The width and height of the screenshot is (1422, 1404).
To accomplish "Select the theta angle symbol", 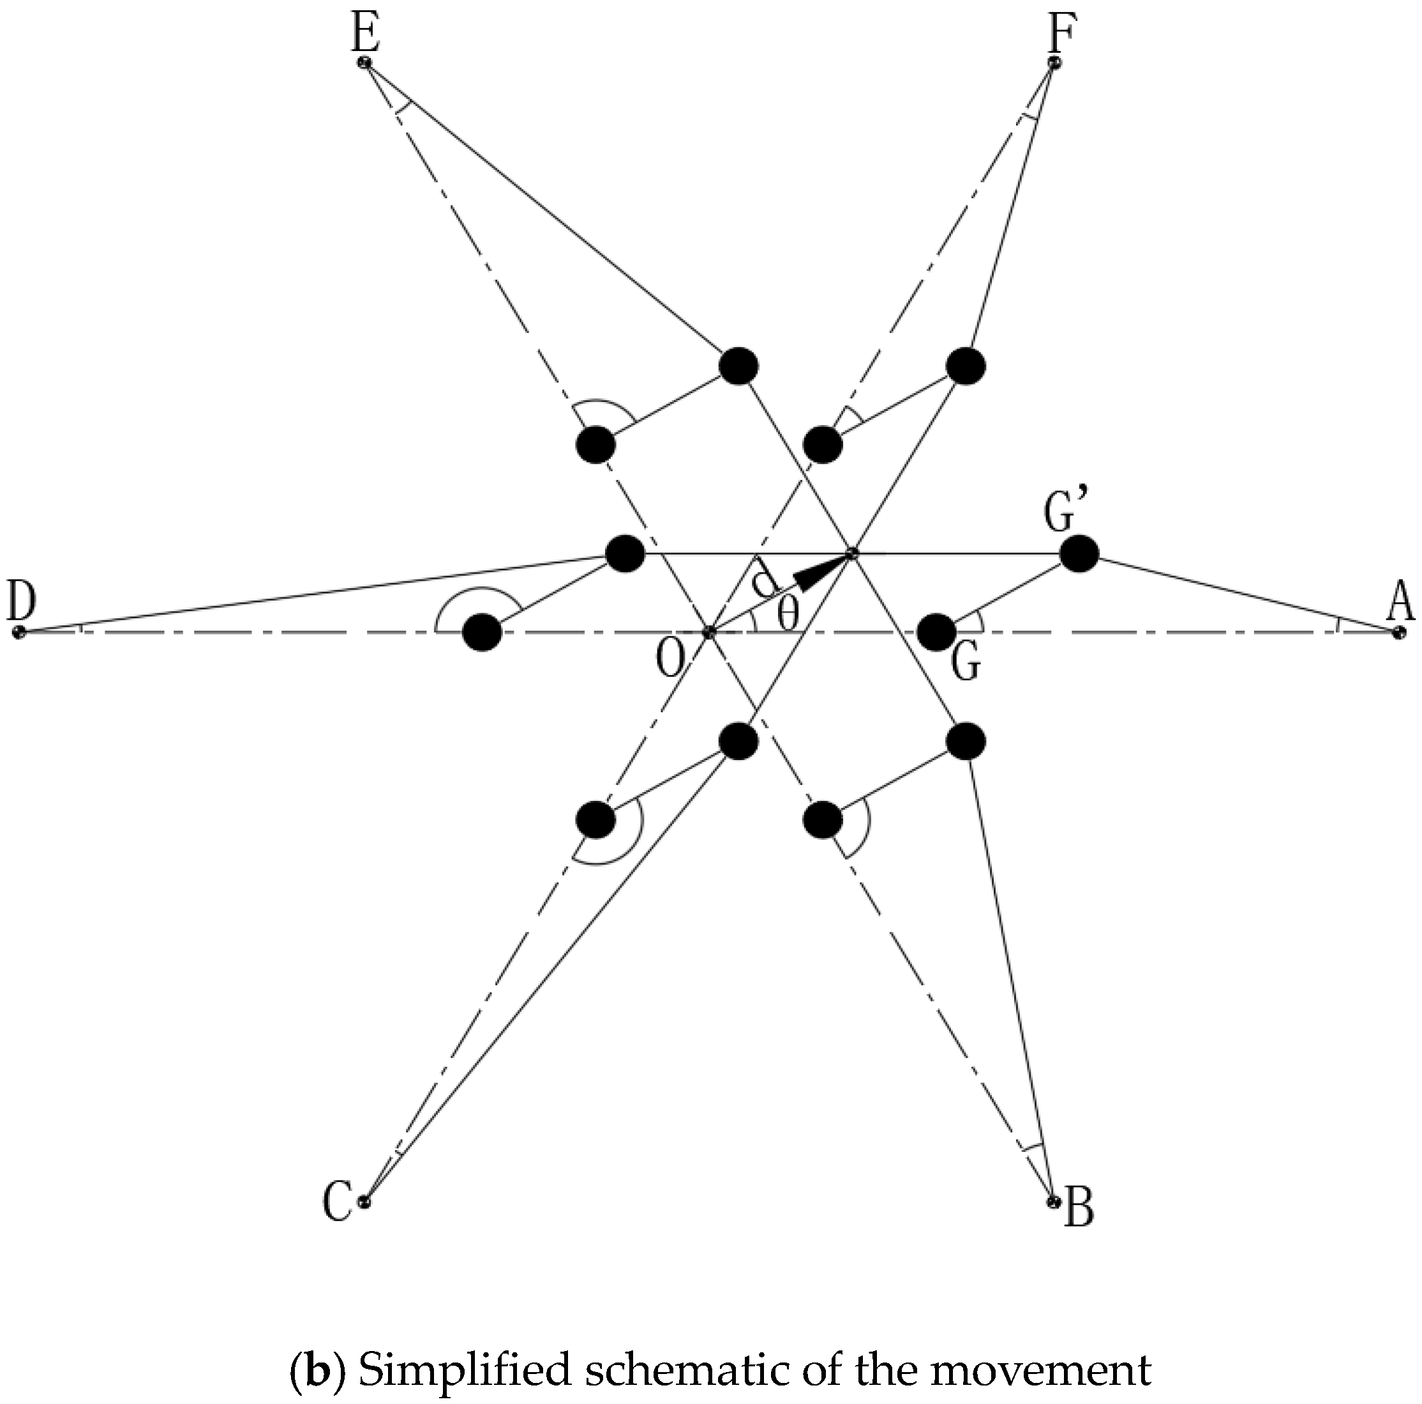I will point(787,615).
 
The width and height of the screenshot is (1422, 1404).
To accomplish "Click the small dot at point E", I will point(364,63).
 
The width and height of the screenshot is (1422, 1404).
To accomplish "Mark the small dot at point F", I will point(1054,63).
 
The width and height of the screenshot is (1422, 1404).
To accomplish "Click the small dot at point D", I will point(19,631).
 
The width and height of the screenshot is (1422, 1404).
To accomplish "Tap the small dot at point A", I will point(1398,631).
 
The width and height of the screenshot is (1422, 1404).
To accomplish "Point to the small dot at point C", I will point(363,1202).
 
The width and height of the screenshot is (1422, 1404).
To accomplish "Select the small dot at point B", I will point(1053,1202).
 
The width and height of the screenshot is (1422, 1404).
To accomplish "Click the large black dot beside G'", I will point(1079,553).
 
